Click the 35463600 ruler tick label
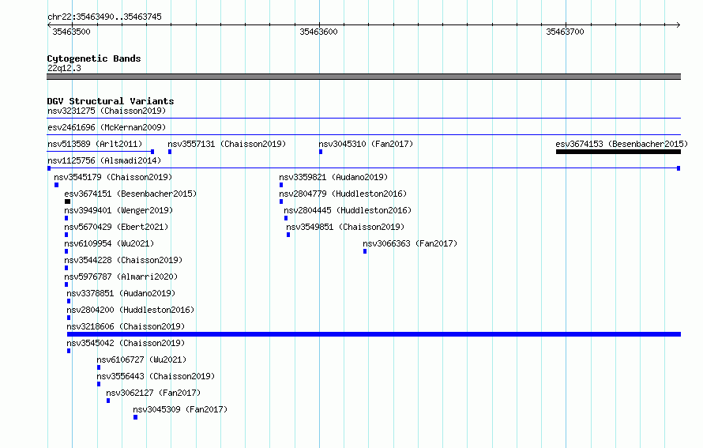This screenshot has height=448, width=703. [318, 32]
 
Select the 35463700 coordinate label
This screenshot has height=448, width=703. [565, 32]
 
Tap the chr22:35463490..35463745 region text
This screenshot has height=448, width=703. [104, 17]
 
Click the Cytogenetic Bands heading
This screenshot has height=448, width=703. [94, 58]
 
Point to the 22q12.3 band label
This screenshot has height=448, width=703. [64, 68]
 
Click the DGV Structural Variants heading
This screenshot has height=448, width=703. [111, 101]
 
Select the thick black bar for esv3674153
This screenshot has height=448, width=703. [618, 152]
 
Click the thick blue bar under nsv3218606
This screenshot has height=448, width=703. [374, 334]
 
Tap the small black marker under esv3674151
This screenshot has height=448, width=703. [67, 201]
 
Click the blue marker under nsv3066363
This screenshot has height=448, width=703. [365, 251]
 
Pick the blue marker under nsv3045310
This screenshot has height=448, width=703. [321, 152]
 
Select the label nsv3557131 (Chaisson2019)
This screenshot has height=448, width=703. [227, 144]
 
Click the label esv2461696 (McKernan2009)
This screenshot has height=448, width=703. [107, 127]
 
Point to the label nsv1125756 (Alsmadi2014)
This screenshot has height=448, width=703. [104, 160]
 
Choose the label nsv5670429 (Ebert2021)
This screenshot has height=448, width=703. [117, 227]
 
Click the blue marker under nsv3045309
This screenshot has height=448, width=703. [135, 417]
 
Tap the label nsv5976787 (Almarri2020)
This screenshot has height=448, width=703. [121, 277]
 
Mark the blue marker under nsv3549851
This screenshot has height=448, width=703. [288, 235]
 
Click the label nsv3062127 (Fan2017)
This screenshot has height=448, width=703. [153, 393]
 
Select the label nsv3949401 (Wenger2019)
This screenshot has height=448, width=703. [118, 210]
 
